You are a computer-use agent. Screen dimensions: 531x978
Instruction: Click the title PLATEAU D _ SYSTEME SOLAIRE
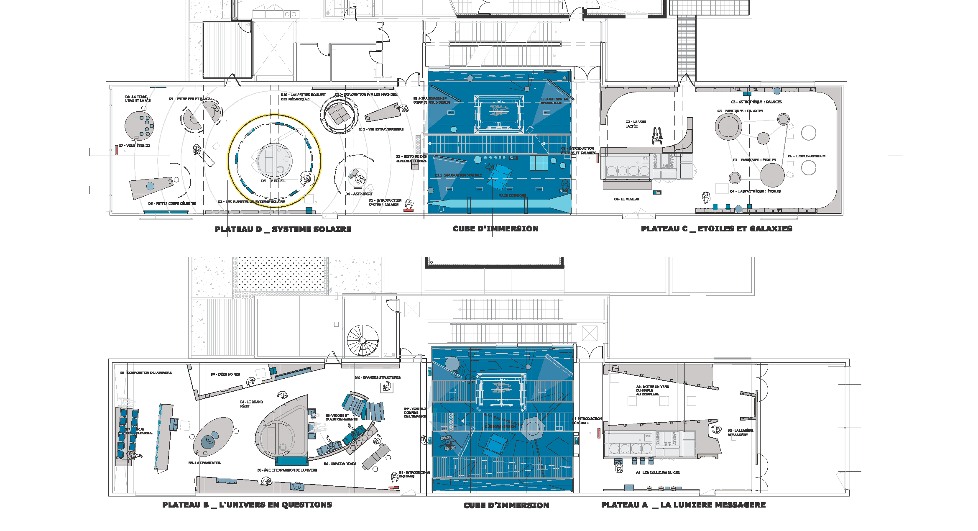tap(283, 229)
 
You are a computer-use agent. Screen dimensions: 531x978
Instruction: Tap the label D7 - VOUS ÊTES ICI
tap(134, 146)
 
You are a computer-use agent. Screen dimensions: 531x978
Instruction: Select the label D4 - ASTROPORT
tap(359, 194)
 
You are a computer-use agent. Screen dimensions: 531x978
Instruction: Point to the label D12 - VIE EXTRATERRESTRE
tap(381, 130)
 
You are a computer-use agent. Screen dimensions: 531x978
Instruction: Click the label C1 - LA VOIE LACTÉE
tap(636, 124)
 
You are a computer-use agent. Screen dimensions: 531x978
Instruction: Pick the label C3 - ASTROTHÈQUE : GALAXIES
tap(756, 102)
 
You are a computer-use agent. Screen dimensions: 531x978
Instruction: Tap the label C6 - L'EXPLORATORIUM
tap(807, 156)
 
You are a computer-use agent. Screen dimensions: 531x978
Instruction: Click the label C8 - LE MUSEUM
tap(626, 199)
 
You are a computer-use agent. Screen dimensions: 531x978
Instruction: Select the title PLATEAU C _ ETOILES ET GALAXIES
tap(716, 229)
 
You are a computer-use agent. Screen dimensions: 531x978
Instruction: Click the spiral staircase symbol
tap(363, 340)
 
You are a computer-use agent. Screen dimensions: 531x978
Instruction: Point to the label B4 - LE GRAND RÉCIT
tap(251, 404)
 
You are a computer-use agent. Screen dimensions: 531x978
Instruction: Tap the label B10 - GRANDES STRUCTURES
tap(378, 378)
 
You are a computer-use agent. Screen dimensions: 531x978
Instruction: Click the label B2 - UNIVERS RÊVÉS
tap(340, 464)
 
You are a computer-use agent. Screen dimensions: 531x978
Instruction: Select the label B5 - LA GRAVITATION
tap(205, 463)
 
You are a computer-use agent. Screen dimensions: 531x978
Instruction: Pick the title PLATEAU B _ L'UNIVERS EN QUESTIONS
tap(247, 505)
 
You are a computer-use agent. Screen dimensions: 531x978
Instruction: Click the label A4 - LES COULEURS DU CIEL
tap(658, 473)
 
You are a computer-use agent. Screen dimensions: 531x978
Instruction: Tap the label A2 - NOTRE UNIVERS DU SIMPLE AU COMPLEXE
tap(652, 390)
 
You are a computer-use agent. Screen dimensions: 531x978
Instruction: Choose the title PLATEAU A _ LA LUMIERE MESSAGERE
tap(683, 505)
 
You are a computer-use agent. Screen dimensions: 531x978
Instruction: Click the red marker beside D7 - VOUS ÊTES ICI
tap(116, 150)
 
